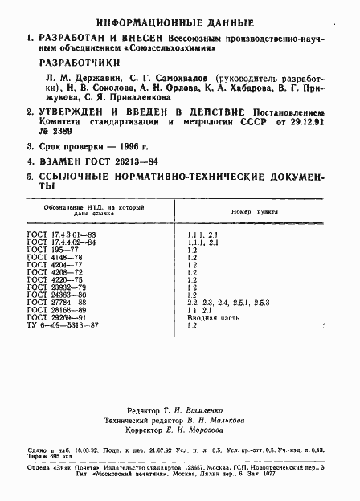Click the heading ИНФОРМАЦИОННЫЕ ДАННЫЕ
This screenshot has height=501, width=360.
click(x=181, y=23)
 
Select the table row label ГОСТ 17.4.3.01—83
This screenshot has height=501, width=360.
click(x=61, y=234)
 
